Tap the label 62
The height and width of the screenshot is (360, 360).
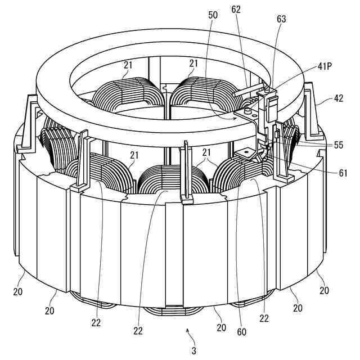tap(236, 10)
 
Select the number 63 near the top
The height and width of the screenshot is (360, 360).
tap(281, 19)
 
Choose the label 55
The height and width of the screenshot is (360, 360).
tap(338, 144)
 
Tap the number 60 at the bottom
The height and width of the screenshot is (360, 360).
tap(241, 332)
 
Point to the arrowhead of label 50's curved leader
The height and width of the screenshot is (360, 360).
tap(235, 118)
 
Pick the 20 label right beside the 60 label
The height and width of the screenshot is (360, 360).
tap(220, 327)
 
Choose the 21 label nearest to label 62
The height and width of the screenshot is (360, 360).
tap(195, 64)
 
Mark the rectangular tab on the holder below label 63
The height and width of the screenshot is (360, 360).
tap(271, 104)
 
